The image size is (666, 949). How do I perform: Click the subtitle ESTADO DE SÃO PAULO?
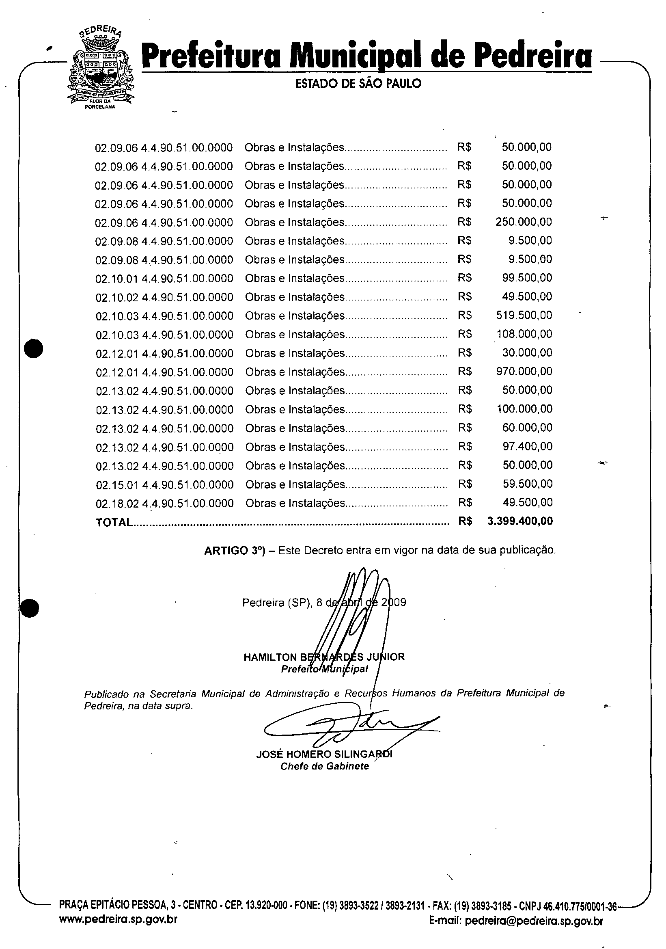[x=358, y=84]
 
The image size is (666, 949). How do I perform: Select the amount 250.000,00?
[x=524, y=222]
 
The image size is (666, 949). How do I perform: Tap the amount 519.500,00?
[x=524, y=316]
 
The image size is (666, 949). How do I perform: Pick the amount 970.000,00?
[x=524, y=371]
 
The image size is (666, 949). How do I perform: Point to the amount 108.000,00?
[x=524, y=334]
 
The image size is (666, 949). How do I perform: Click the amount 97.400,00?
[x=527, y=446]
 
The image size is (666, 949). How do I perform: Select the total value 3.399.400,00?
[x=520, y=521]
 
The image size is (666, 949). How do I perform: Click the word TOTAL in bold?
[x=114, y=523]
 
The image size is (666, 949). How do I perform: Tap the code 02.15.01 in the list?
[x=117, y=484]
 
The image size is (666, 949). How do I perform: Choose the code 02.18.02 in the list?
[x=117, y=503]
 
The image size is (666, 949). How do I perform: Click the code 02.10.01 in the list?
[x=117, y=279]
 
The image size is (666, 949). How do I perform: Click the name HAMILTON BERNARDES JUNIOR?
[x=324, y=657]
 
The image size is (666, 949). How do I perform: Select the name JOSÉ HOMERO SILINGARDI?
[x=324, y=754]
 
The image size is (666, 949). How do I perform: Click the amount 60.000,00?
[x=527, y=427]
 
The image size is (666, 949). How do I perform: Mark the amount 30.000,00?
[x=527, y=352]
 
